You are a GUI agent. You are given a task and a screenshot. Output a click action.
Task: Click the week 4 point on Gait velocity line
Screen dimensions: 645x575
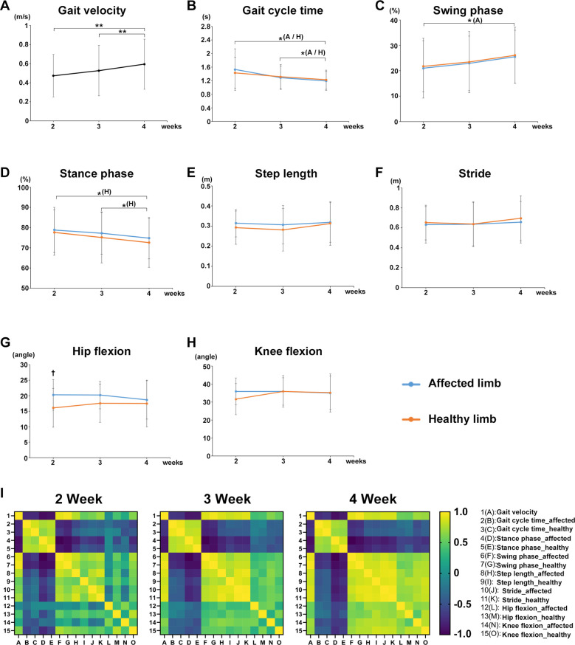[145, 64]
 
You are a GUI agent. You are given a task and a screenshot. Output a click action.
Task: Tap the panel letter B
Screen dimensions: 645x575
[193, 6]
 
